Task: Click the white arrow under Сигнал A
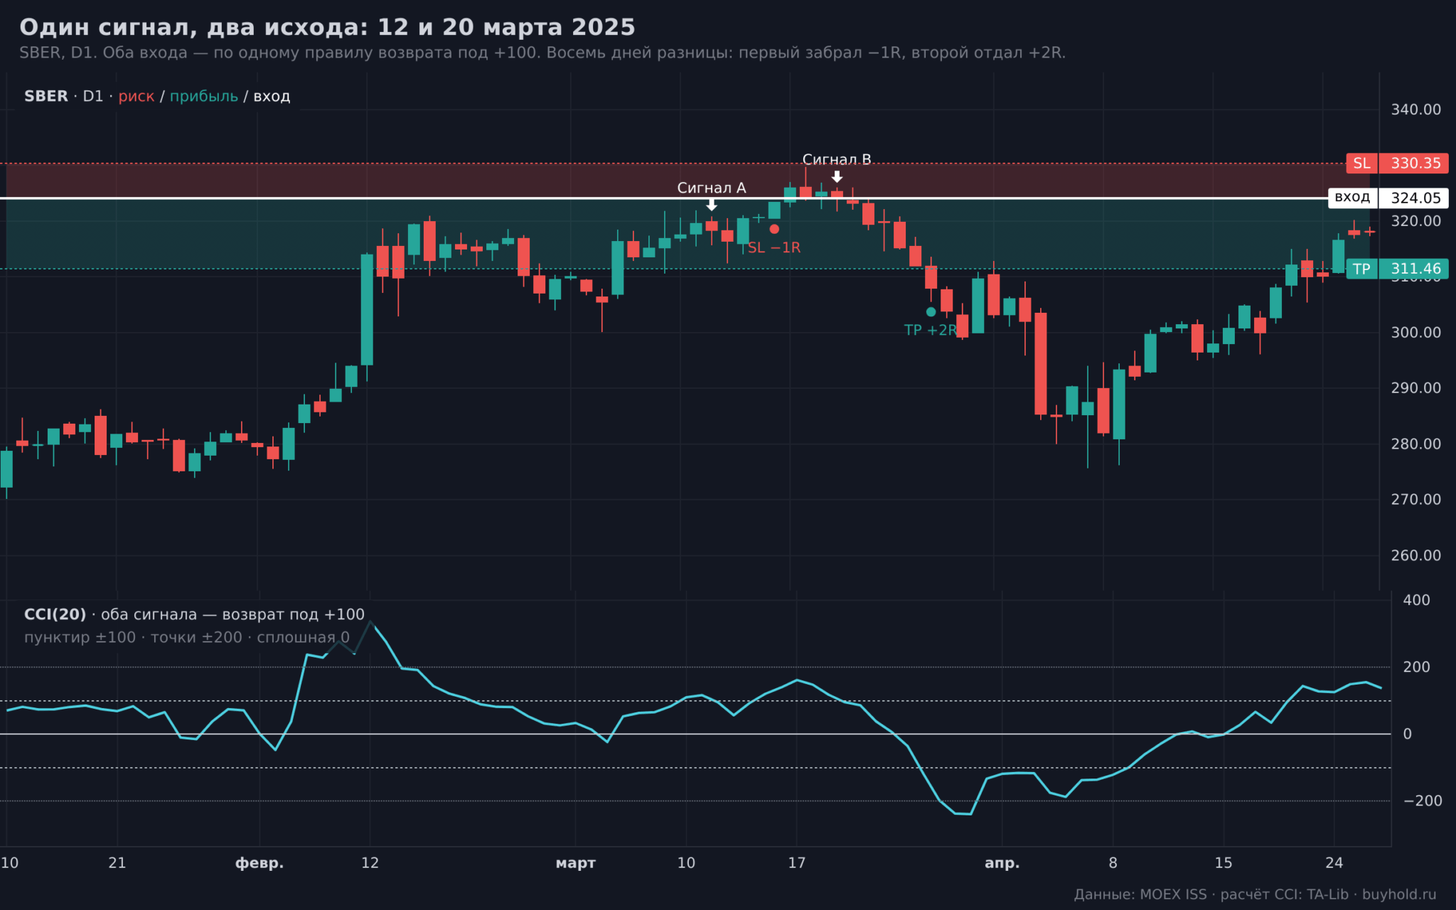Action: click(712, 205)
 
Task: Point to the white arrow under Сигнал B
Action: click(837, 176)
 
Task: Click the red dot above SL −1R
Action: click(774, 229)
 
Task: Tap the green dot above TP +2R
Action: click(931, 311)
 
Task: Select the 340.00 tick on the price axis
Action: click(1415, 109)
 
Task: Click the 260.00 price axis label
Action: click(1415, 555)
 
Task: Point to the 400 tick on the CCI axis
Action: click(1416, 600)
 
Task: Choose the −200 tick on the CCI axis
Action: click(1423, 801)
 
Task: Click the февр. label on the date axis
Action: click(259, 863)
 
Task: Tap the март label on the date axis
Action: click(576, 863)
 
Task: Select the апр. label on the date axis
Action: click(1002, 863)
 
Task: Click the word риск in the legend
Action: click(136, 97)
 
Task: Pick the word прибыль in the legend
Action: click(204, 97)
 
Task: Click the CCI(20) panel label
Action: click(55, 614)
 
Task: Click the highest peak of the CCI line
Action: click(370, 622)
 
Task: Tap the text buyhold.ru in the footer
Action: click(1399, 894)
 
